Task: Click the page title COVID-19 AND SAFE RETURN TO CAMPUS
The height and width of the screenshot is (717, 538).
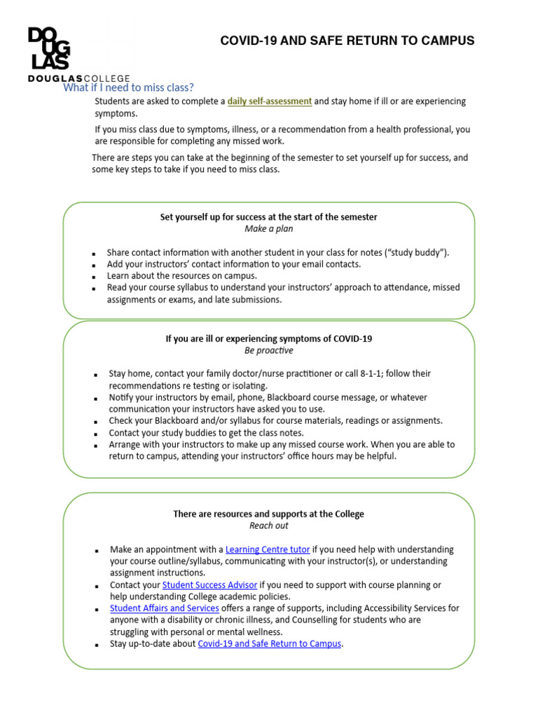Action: click(x=347, y=41)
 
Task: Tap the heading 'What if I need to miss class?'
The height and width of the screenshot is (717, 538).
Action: click(x=128, y=88)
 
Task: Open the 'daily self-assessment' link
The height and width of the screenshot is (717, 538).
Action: click(x=270, y=102)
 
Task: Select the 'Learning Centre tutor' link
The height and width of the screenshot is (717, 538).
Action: click(x=268, y=550)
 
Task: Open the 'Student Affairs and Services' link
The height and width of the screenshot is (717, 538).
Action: click(x=165, y=608)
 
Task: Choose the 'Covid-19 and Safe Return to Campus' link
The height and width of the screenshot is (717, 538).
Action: click(x=270, y=643)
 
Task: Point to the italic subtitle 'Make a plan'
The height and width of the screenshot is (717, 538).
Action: click(x=269, y=229)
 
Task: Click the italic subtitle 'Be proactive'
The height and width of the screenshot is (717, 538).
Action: click(x=269, y=350)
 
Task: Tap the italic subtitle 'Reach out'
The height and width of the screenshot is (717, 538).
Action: click(x=269, y=525)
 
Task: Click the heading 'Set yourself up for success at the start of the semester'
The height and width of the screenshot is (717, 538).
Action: click(x=269, y=217)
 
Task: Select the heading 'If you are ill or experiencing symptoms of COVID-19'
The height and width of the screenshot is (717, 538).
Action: click(x=269, y=338)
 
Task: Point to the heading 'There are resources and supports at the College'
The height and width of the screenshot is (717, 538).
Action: click(x=269, y=514)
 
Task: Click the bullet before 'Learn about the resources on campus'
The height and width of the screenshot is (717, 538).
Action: click(x=93, y=277)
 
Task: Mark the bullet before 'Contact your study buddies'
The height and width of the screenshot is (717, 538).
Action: click(x=95, y=434)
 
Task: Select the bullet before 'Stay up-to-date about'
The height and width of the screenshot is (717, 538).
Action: click(x=95, y=645)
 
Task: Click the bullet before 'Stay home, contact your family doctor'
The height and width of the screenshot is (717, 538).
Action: click(x=95, y=375)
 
